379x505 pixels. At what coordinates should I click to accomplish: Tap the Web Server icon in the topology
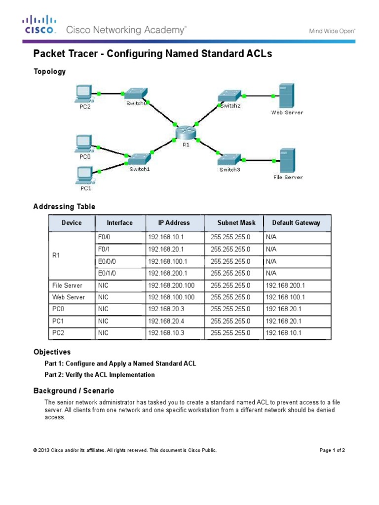pos(287,95)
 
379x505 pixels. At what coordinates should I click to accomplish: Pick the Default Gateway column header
pos(296,222)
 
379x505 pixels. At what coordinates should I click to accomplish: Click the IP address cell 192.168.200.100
pos(171,286)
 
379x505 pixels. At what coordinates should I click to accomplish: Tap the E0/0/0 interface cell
pos(106,261)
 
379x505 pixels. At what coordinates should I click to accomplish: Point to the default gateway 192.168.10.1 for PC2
pos(283,333)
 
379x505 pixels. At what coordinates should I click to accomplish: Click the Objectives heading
pos(52,352)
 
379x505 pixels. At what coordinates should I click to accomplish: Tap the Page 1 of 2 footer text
pos(332,450)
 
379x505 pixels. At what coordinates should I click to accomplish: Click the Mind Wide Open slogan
pos(332,31)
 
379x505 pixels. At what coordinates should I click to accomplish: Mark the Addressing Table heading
pos(64,207)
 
